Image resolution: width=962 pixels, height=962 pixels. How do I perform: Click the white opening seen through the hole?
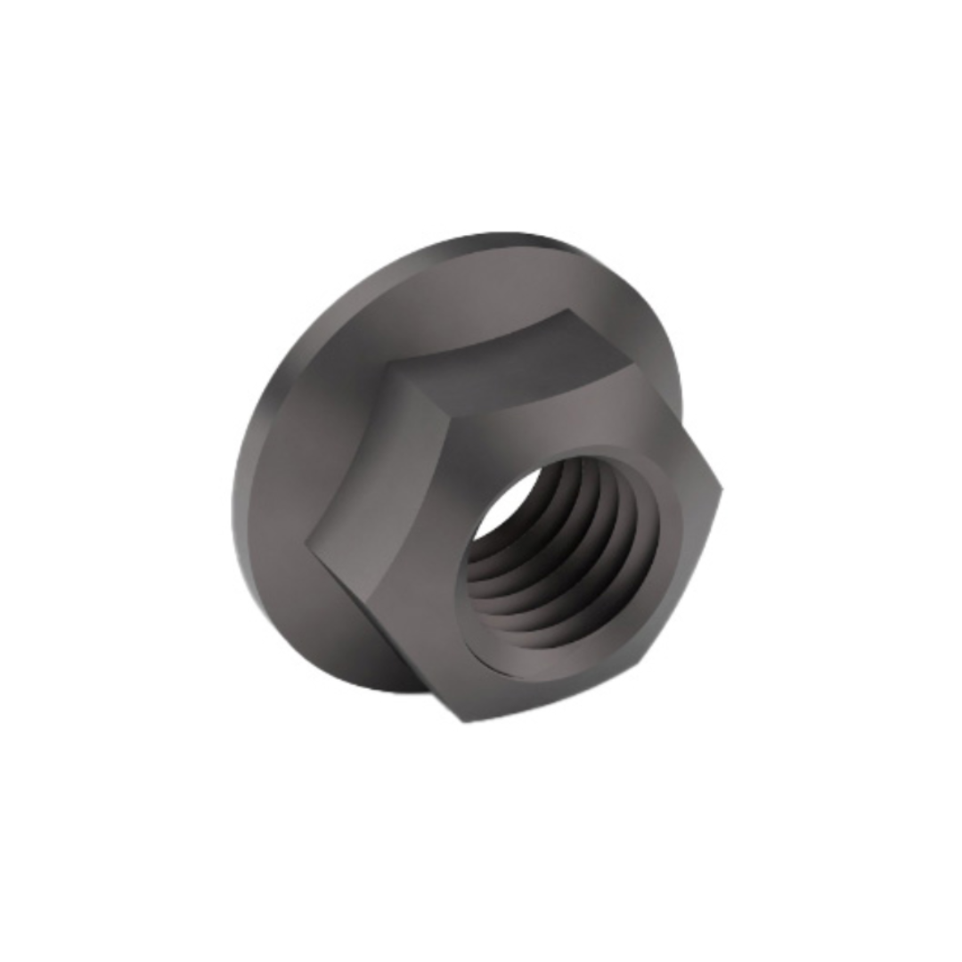click(x=504, y=508)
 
